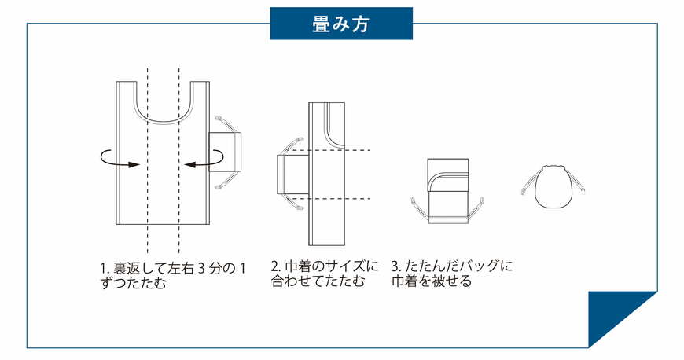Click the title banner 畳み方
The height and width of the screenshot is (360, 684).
click(x=341, y=23)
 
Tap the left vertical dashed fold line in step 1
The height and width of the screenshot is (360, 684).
click(x=147, y=197)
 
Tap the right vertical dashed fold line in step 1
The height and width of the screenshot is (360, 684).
click(x=179, y=197)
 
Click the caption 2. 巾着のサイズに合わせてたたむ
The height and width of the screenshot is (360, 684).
click(x=324, y=274)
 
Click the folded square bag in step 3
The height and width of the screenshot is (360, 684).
click(x=447, y=189)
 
